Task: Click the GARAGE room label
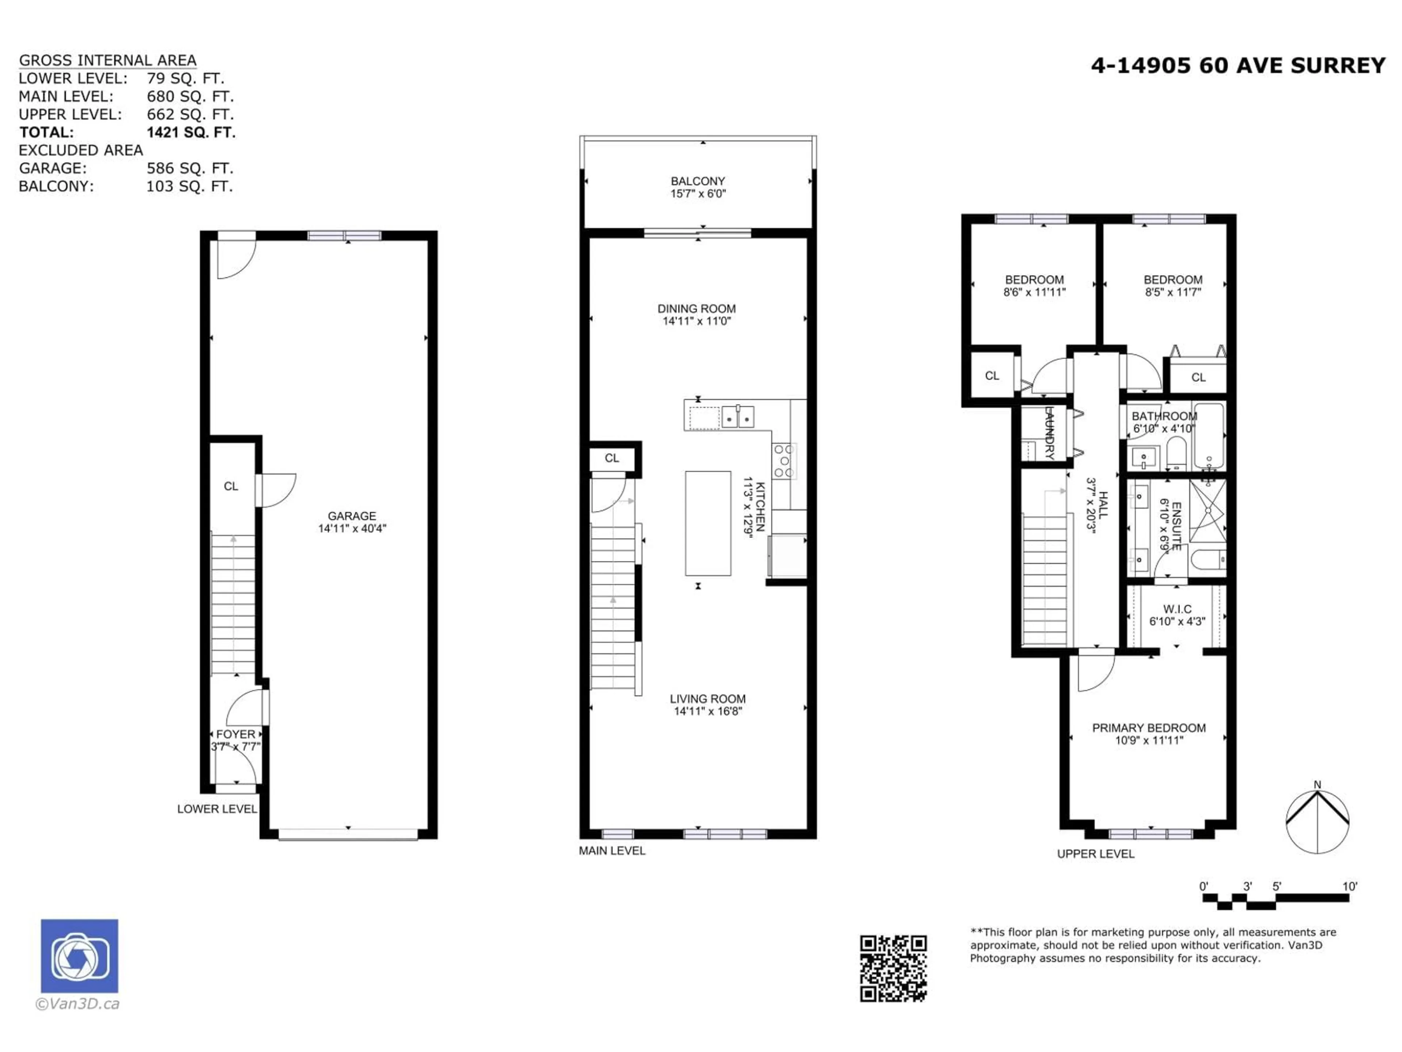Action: pos(352,515)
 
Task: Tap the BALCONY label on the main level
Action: pos(698,181)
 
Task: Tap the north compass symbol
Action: pos(1317,821)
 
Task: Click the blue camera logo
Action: pos(79,956)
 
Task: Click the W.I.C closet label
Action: pos(1177,609)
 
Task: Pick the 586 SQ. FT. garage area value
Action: pos(189,168)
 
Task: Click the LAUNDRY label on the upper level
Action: pos(1048,433)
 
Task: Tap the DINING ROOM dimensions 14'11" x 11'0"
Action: pos(697,321)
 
